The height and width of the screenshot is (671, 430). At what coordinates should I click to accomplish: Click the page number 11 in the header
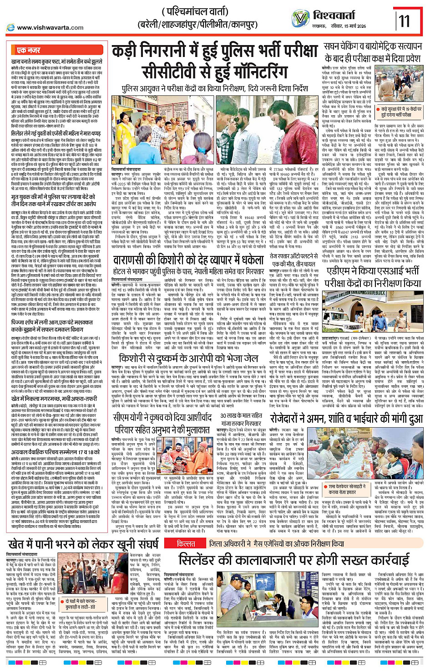pos(404,20)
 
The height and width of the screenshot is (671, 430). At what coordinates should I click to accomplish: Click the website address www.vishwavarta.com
pos(50,27)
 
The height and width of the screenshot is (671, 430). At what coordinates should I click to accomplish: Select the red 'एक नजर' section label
pos(29,50)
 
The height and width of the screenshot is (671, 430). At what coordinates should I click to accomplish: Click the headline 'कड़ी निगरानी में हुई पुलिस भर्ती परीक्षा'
pos(215,51)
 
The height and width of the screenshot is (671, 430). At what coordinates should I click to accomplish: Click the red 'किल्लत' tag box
pos(186,543)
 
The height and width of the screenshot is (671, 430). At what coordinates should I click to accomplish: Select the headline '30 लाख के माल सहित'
pos(241,415)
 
